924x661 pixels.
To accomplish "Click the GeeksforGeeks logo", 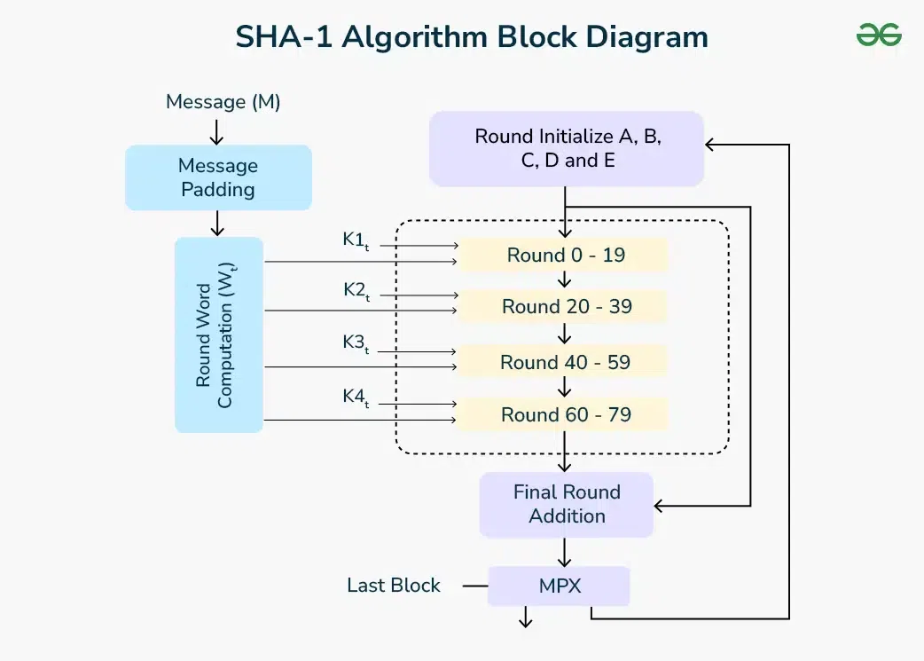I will click(x=879, y=35).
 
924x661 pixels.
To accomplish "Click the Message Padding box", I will click(x=218, y=177).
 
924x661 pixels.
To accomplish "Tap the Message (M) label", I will click(x=223, y=102).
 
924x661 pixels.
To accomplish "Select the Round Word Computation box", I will click(x=218, y=334).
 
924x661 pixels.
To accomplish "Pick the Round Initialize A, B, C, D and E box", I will click(x=567, y=148).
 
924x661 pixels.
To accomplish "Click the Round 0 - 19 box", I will click(x=566, y=256).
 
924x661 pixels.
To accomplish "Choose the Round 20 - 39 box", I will click(x=566, y=307).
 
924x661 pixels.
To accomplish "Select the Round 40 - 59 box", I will click(x=566, y=362).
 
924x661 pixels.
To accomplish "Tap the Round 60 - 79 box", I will click(x=566, y=414).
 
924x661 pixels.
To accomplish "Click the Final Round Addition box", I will click(x=567, y=504).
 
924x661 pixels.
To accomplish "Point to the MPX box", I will click(x=559, y=586).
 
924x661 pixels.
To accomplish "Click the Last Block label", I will click(x=394, y=586).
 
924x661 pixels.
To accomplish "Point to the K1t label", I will click(x=356, y=240).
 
